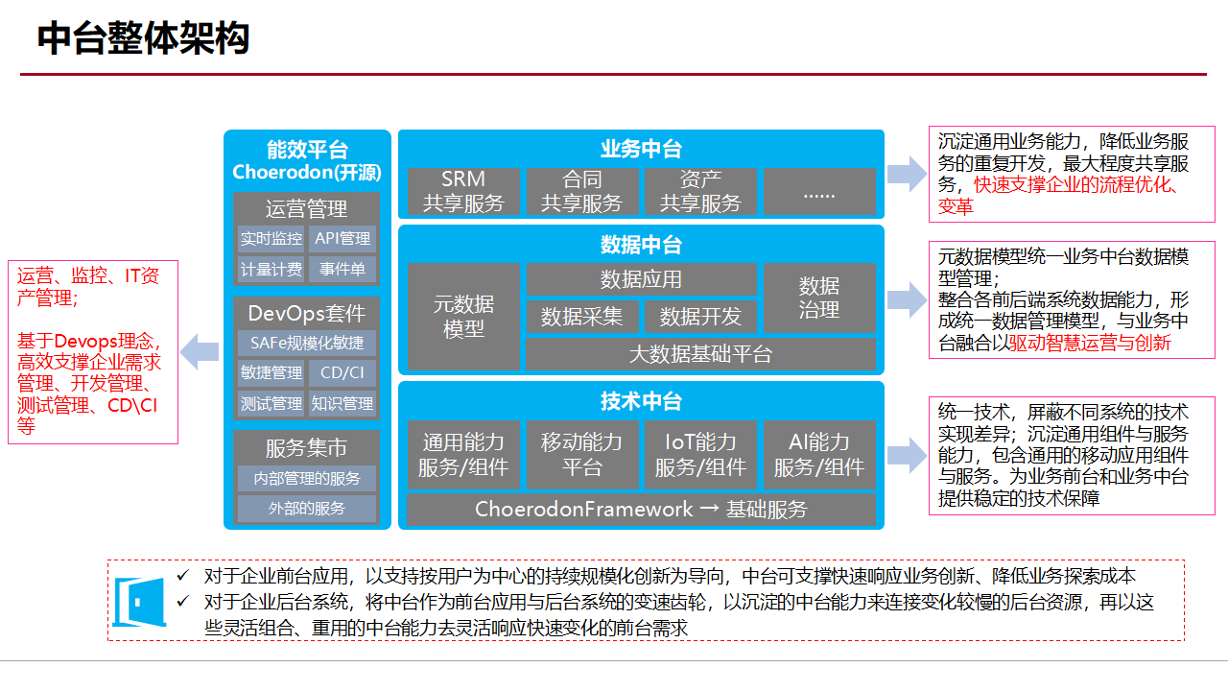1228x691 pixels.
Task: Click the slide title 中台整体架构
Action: [x=144, y=38]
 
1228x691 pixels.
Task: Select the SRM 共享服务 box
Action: [x=463, y=191]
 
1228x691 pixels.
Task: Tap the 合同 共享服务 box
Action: [x=582, y=191]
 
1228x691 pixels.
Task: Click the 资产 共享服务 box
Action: [x=701, y=191]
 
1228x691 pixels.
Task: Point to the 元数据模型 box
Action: [x=463, y=316]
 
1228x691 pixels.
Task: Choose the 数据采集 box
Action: [x=581, y=317]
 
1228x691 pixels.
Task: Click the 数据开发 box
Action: [x=700, y=317]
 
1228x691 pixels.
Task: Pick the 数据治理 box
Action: [x=819, y=298]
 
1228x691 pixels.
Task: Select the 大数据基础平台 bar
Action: [x=700, y=353]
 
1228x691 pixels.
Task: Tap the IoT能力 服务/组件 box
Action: [x=700, y=454]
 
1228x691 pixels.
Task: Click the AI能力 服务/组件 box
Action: [x=819, y=454]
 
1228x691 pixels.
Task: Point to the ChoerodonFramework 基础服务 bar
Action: [x=641, y=510]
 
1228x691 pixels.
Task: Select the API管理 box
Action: [x=342, y=239]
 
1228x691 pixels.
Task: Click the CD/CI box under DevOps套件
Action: [x=342, y=373]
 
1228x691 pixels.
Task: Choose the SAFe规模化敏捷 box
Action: [x=307, y=343]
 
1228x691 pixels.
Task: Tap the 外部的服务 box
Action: [x=307, y=509]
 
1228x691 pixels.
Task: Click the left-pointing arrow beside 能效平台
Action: [x=201, y=350]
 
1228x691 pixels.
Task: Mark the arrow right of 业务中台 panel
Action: [x=907, y=174]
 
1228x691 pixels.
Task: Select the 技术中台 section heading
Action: [x=641, y=401]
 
